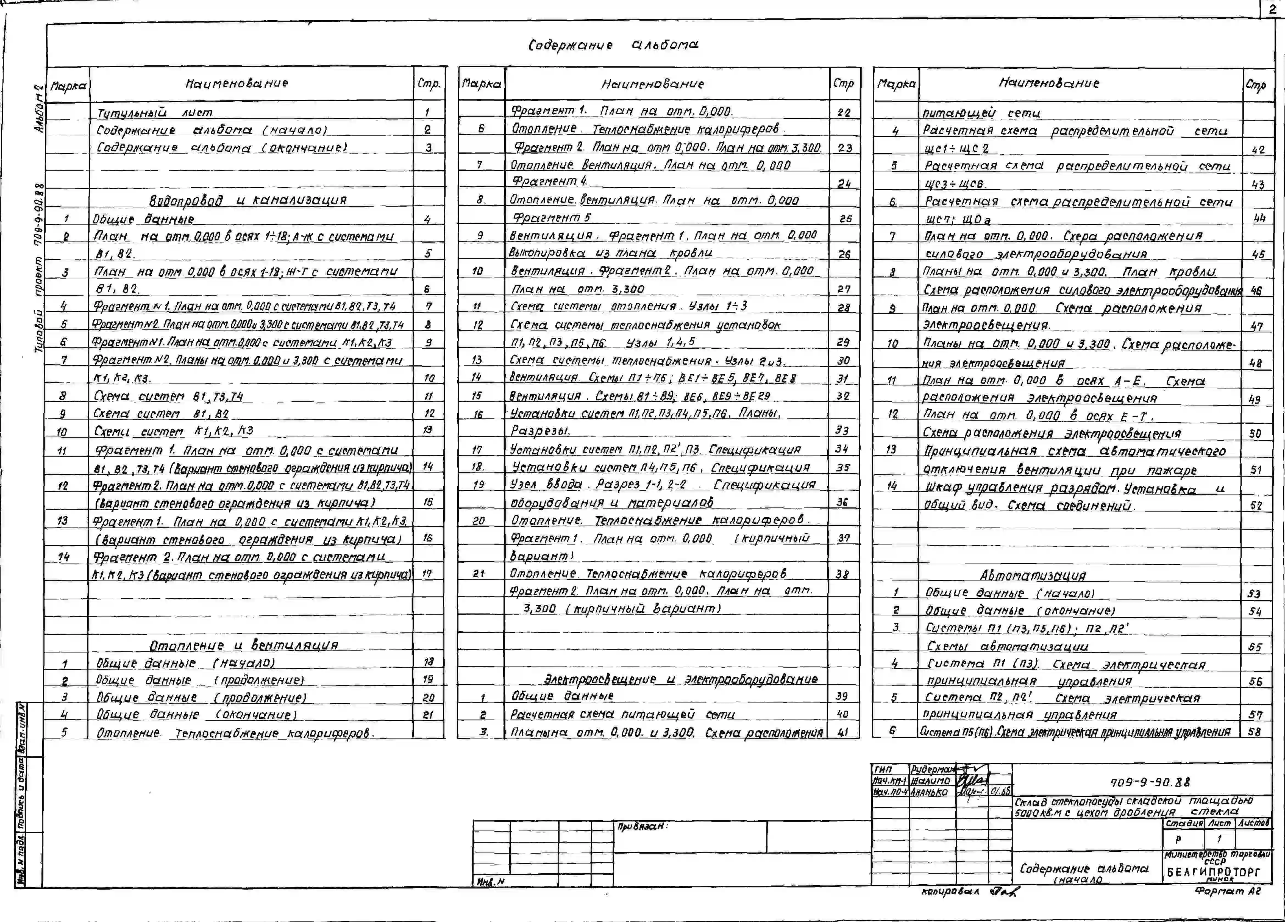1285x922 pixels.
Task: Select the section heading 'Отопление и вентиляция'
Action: click(x=244, y=645)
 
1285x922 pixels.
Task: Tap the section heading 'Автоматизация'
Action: click(x=1032, y=575)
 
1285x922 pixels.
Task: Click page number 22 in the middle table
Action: click(x=844, y=112)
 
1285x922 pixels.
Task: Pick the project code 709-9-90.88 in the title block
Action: click(x=1150, y=783)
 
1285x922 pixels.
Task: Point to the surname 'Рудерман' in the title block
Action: click(x=932, y=770)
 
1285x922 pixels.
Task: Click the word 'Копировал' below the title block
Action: click(x=950, y=892)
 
